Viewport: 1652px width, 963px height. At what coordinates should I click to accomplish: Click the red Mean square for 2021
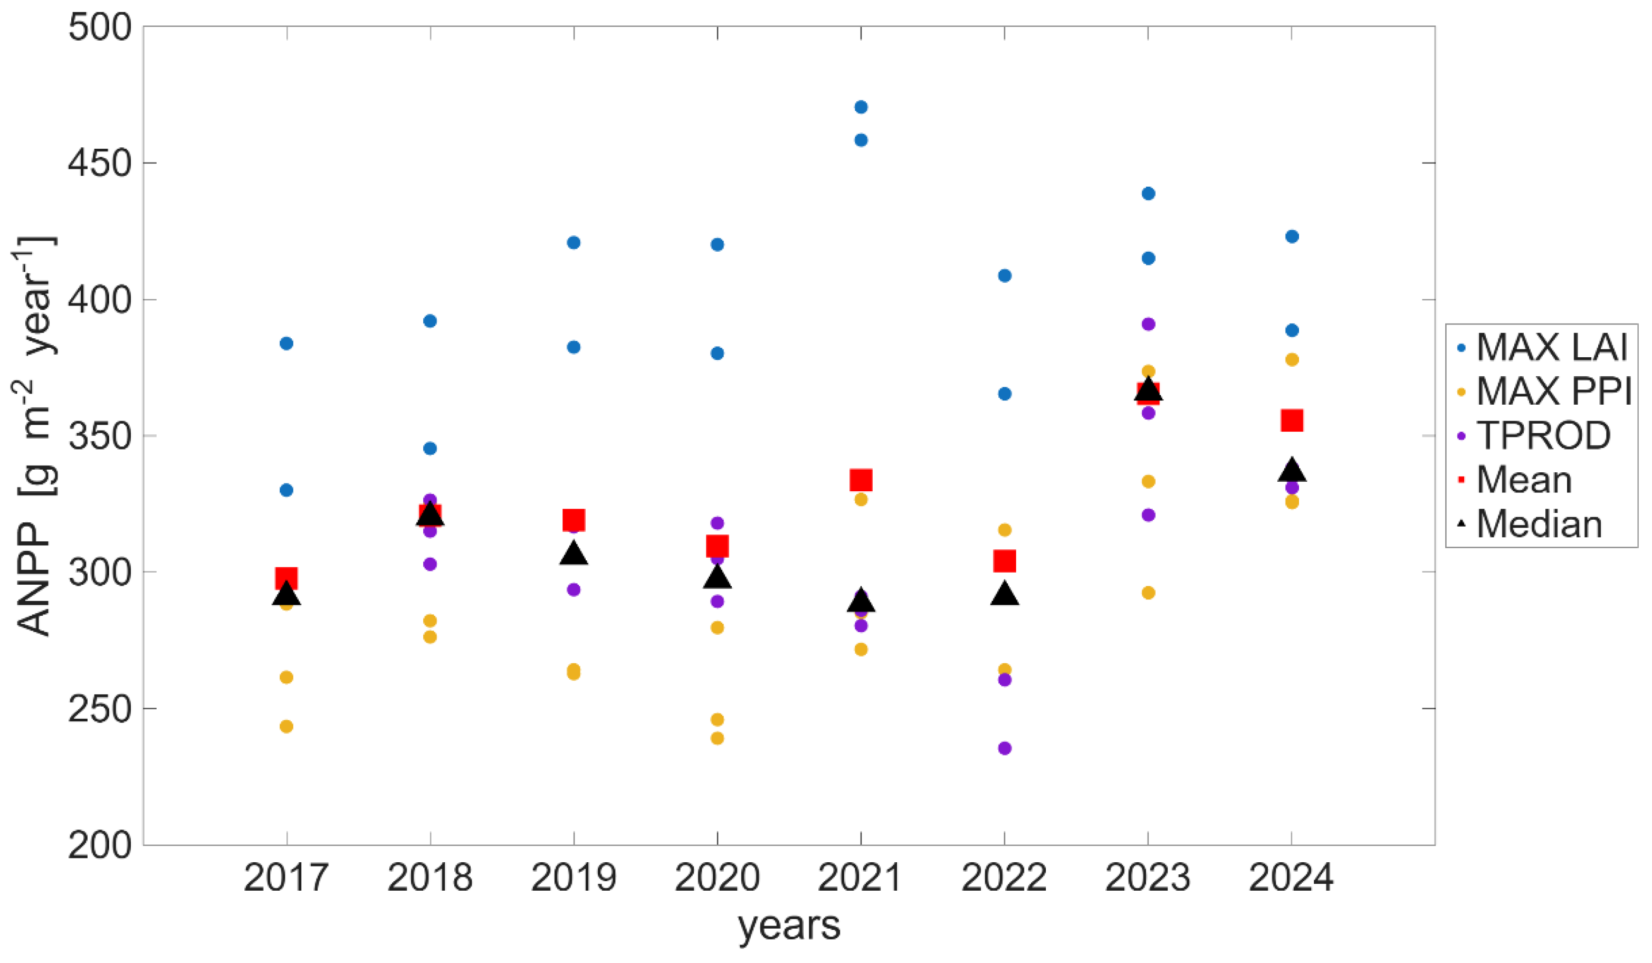tap(861, 481)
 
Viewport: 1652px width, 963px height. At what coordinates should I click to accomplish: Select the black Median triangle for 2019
tap(574, 554)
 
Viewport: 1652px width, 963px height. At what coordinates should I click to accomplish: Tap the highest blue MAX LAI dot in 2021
tap(861, 107)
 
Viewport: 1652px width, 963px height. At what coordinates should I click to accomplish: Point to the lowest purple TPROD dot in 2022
tap(1004, 749)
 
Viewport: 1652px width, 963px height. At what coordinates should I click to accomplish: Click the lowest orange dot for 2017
tap(287, 727)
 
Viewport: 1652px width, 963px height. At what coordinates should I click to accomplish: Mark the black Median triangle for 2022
tap(1004, 595)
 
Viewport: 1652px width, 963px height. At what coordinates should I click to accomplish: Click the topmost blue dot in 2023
tap(1148, 193)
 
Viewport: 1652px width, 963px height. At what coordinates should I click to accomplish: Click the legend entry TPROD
tap(1543, 435)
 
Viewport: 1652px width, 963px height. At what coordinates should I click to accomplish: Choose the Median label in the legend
tap(1539, 525)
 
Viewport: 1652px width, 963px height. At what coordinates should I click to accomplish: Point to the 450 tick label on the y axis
tap(100, 163)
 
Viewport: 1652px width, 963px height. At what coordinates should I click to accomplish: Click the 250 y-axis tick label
tap(100, 709)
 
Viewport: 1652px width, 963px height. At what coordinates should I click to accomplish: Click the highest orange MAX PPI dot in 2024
tap(1292, 359)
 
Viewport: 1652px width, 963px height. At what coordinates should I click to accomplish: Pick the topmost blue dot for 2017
tap(287, 344)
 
